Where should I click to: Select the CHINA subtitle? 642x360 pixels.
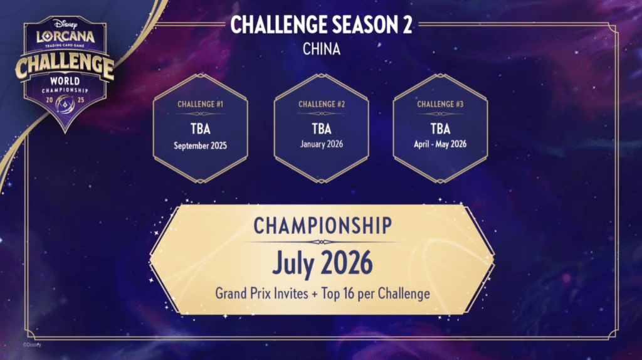click(x=322, y=49)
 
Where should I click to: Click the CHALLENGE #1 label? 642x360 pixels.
click(x=200, y=104)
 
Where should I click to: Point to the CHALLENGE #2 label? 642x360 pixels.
click(x=322, y=104)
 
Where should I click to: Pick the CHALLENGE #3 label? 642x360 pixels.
click(x=440, y=104)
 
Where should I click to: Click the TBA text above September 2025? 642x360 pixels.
click(x=200, y=129)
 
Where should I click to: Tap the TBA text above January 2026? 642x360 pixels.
click(x=322, y=129)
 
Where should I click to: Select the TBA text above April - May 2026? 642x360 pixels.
click(x=440, y=129)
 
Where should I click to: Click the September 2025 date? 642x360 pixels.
click(x=200, y=146)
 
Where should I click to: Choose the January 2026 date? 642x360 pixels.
click(x=322, y=144)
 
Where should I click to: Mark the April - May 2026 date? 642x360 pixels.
click(x=440, y=144)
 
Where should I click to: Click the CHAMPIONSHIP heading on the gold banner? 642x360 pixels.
click(x=323, y=225)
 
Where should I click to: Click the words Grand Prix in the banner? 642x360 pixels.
click(x=244, y=294)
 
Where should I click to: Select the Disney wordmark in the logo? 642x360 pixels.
click(x=65, y=24)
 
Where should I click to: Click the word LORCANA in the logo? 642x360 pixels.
click(x=65, y=37)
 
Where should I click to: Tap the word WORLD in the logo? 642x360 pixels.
click(x=65, y=81)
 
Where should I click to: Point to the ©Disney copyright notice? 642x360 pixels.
click(x=32, y=345)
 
